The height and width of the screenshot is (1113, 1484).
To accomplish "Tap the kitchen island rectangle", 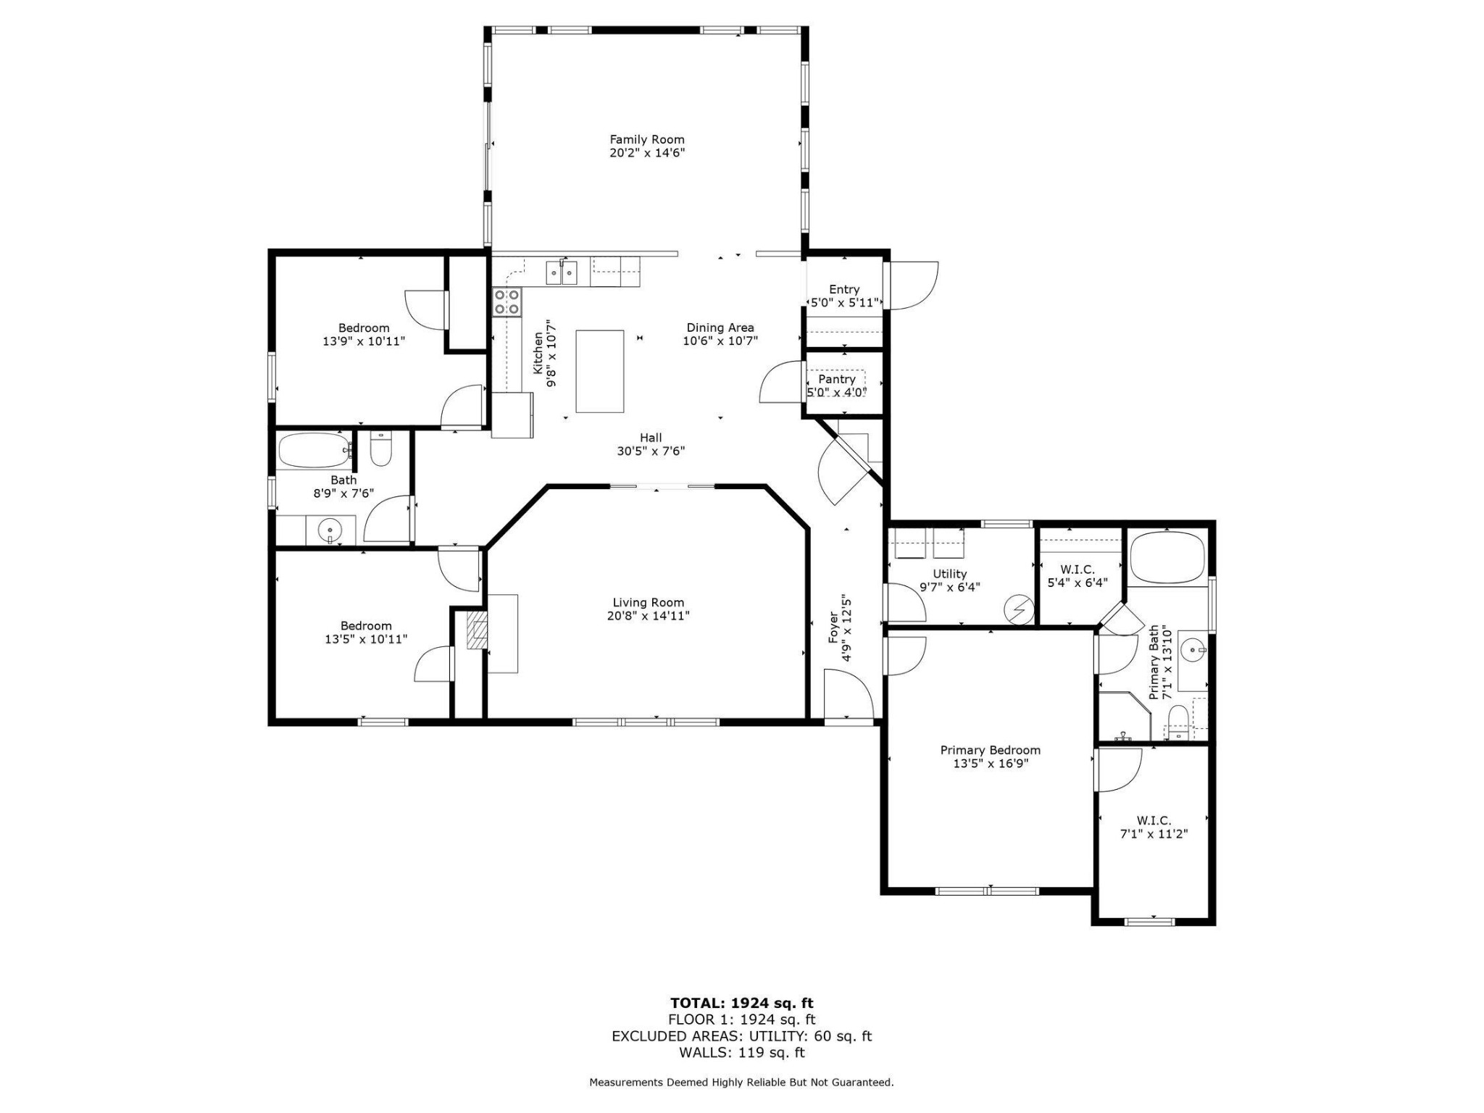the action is (x=600, y=372).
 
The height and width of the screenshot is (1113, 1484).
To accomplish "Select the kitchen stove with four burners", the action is (x=507, y=302).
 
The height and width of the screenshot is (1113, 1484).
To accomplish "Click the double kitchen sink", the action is (x=562, y=272).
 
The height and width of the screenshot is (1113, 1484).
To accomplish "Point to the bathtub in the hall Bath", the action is (x=314, y=451).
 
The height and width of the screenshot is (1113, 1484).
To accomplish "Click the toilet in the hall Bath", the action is (x=381, y=449).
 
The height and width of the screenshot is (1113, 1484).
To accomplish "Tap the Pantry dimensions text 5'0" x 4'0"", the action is (x=837, y=393).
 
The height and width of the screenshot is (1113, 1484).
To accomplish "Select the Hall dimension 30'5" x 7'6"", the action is (x=651, y=451).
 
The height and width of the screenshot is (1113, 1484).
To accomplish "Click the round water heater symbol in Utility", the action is (x=1018, y=609).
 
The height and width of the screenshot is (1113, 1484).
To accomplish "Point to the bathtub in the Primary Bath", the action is (x=1167, y=558).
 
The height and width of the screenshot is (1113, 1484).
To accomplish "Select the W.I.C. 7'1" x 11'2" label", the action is (x=1154, y=827).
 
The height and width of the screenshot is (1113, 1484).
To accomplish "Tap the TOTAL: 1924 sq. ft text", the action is (x=742, y=1003).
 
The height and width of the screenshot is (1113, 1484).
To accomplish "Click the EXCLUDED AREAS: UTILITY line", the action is (x=742, y=1036).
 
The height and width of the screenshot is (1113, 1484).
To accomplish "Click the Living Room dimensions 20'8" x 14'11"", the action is (x=649, y=616).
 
